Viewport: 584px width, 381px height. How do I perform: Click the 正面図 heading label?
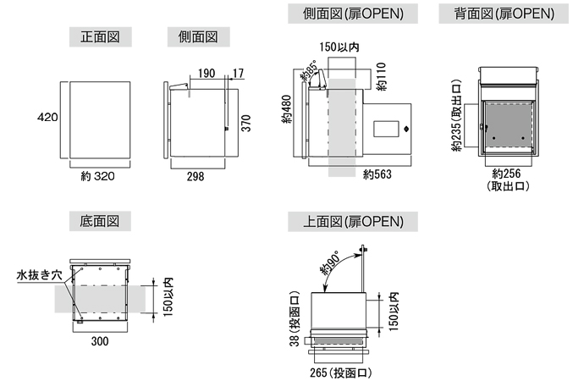(x=99, y=38)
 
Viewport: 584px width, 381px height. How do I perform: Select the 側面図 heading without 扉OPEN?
(x=198, y=38)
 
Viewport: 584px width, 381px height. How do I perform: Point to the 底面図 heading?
(x=99, y=221)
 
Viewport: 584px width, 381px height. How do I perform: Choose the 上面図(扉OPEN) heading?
(x=353, y=223)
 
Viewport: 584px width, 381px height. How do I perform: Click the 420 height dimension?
(x=47, y=118)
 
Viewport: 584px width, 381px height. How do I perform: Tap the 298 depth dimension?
(x=196, y=176)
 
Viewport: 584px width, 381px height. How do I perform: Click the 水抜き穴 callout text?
(x=38, y=275)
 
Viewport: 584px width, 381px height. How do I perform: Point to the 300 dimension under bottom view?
(x=101, y=340)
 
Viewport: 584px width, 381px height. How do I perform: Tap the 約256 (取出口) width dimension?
(x=509, y=179)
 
